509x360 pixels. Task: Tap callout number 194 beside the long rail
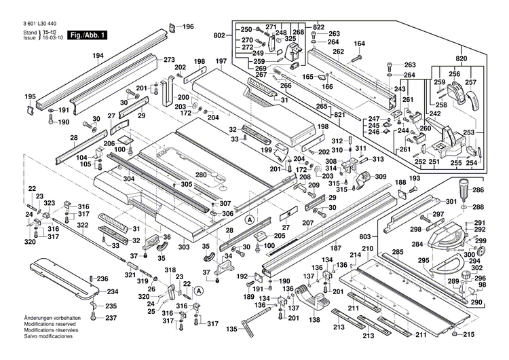98,56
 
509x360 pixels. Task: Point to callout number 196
188,26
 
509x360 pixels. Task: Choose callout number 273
169,60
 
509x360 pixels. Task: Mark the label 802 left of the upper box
219,35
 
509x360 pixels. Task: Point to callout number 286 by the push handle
478,191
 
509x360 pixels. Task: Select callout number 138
314,319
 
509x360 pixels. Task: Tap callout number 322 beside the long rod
81,225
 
